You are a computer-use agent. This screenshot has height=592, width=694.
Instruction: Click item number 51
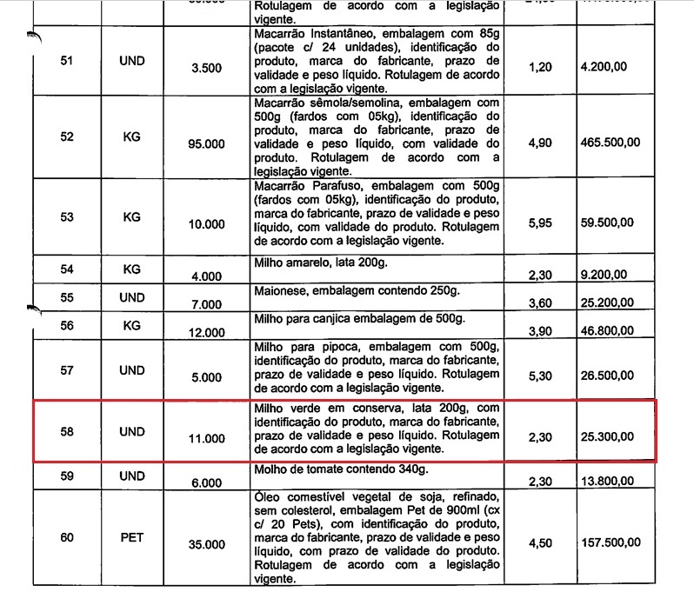(65, 61)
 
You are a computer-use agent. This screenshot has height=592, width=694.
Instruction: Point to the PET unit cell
(131, 537)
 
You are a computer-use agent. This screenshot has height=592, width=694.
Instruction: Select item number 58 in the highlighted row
(65, 429)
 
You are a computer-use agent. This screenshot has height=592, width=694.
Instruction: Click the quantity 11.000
(207, 436)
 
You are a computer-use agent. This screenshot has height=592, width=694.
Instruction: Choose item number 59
(65, 476)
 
